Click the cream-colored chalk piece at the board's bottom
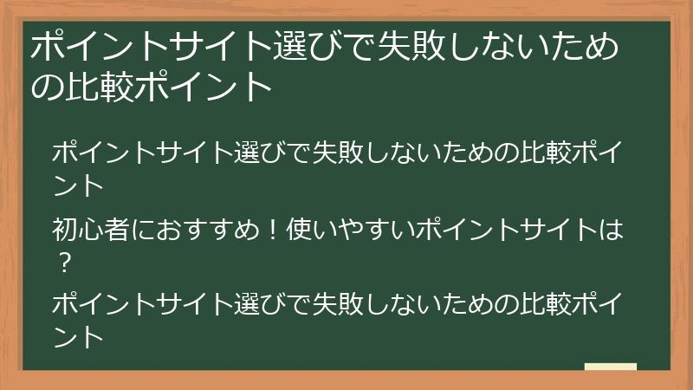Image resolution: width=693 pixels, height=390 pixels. (x=610, y=367)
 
